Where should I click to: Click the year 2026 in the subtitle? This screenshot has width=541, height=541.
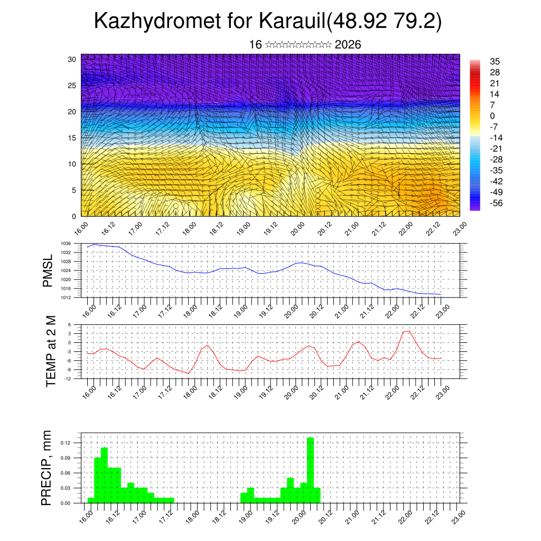click(348, 45)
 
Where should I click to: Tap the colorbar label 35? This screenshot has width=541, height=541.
click(495, 61)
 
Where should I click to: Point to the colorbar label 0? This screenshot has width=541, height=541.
click(492, 116)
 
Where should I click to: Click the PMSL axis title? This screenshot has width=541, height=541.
click(48, 270)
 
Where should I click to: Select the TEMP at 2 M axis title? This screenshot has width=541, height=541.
click(51, 351)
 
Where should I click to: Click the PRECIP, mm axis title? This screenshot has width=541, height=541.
click(47, 468)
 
